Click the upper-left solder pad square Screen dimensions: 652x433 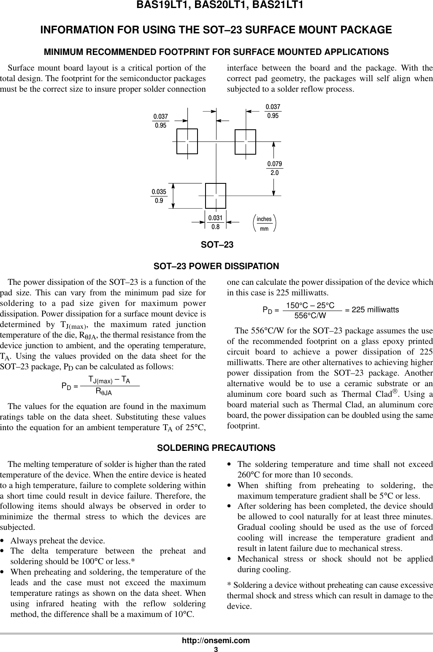[x=187, y=141]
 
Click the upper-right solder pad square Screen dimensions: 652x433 [x=245, y=141]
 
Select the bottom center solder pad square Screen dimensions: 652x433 [x=216, y=196]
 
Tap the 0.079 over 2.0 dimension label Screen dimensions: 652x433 [x=274, y=168]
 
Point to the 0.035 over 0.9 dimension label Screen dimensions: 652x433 [x=159, y=196]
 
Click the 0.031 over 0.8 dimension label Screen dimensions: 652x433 [x=215, y=222]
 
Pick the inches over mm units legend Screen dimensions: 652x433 [x=264, y=223]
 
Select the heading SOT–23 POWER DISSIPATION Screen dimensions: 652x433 [x=216, y=267]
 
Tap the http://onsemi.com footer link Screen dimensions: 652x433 [x=216, y=640]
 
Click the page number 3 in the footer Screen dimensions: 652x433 [x=216, y=648]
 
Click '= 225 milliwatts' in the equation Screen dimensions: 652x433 [x=372, y=310]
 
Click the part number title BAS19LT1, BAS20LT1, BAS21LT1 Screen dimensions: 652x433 [x=216, y=5]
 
